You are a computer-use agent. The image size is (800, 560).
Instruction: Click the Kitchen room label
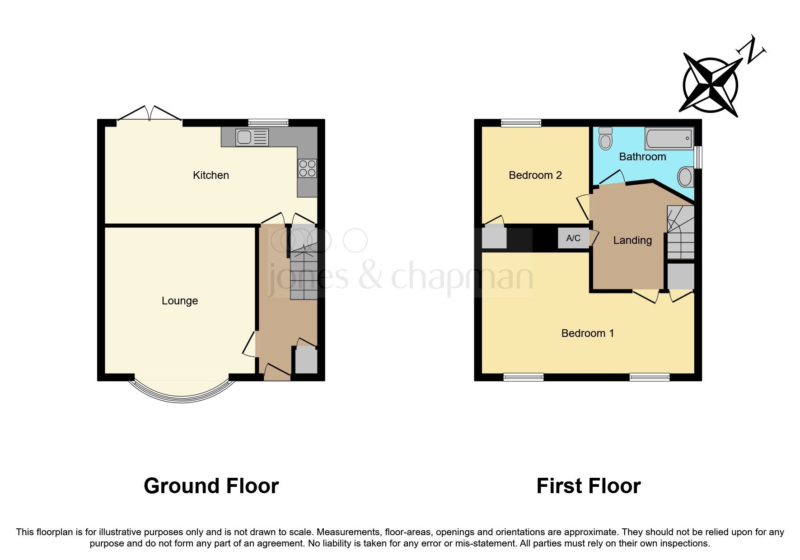pos(211,175)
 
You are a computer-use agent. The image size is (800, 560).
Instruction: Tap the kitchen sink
pos(252,137)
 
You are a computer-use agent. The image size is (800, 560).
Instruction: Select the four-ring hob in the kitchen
pos(307,168)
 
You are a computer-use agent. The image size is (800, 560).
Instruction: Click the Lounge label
pos(180,301)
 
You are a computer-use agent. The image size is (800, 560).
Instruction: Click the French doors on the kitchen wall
pos(150,115)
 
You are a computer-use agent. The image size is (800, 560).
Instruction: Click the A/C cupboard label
pos(573,238)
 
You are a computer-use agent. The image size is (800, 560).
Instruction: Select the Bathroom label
pos(642,157)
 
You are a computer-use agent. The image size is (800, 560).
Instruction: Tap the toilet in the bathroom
pos(604,138)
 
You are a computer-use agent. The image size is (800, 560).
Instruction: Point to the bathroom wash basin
pos(686,177)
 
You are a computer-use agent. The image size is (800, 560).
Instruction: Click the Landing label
pos(632,240)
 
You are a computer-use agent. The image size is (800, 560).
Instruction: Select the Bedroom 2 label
pos(535,175)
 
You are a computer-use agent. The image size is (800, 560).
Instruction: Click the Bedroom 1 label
pos(587,333)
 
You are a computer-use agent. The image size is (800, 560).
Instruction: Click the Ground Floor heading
pos(211,486)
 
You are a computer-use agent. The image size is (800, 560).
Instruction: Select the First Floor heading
pos(588,486)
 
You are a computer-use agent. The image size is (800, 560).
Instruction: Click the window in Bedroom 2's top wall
pos(521,122)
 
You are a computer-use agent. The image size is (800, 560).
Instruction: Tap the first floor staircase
pos(680,232)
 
